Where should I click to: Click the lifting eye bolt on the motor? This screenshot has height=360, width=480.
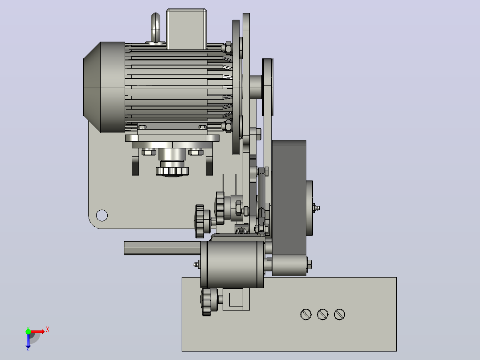coord(155,28)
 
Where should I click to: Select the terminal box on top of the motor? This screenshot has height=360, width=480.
coord(187,29)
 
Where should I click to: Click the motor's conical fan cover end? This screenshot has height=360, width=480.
coord(92,87)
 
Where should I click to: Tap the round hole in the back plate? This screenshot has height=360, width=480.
coord(102,215)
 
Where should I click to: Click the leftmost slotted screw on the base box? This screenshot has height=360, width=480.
coord(306,315)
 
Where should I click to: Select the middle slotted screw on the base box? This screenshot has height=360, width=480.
coord(323,315)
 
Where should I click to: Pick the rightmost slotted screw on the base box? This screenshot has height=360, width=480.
coord(339,315)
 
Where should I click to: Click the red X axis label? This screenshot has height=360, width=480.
coord(48,330)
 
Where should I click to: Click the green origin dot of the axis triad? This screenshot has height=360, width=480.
coord(28,331)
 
